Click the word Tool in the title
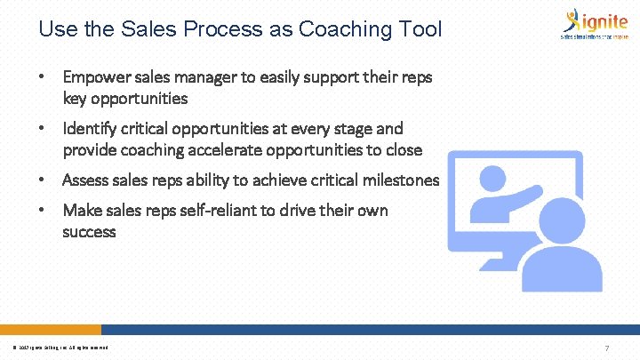click(422, 29)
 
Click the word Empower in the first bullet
click(95, 77)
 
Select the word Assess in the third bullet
click(85, 180)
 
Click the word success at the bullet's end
click(89, 232)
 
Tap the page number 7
click(606, 348)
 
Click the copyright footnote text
click(61, 348)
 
